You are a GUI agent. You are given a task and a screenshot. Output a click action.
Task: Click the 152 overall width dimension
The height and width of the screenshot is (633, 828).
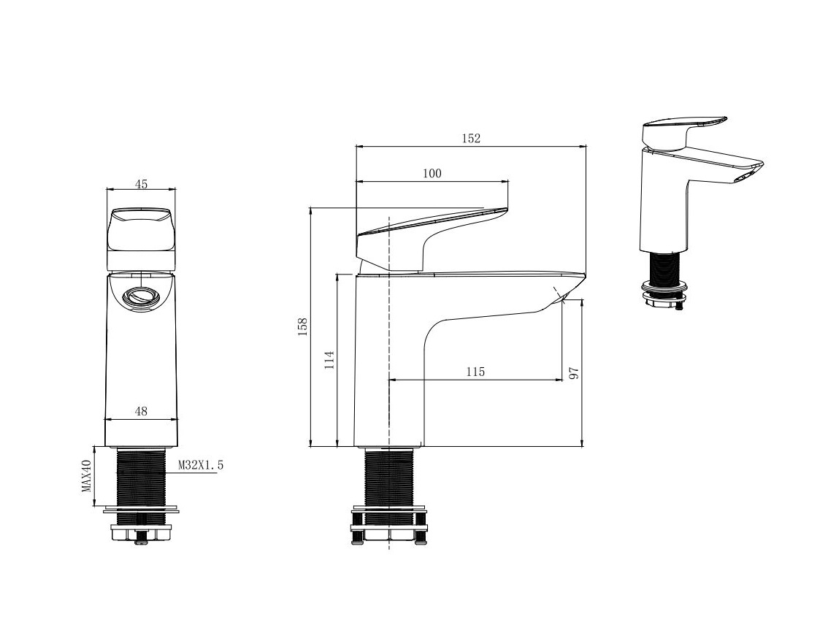pos(472,138)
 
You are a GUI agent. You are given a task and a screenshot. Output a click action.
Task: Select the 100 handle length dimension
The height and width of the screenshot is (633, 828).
pos(432,173)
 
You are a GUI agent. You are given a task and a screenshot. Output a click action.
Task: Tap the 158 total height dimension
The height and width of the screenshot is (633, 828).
pos(302,327)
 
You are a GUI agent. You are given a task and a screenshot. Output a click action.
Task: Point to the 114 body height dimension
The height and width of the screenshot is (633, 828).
pos(329,359)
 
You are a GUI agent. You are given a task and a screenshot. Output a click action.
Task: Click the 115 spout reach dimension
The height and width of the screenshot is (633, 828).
pos(475,372)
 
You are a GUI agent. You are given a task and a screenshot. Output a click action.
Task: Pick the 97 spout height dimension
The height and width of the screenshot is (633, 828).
pos(575,373)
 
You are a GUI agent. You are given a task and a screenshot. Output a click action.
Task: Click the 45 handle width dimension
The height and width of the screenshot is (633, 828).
pos(141,184)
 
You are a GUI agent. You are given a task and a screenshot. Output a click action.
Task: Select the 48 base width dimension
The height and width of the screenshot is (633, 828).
pos(141,411)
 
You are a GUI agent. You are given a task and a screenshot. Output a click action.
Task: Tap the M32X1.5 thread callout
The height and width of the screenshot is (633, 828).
pos(201,465)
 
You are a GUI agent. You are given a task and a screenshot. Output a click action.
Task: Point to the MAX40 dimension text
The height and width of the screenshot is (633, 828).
pos(87,476)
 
